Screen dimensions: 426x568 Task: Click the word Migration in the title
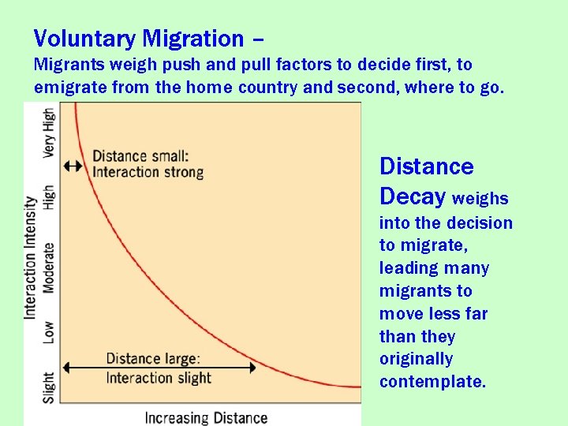[193, 39]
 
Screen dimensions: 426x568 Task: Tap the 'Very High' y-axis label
[49, 133]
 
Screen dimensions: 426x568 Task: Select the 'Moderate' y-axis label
[49, 268]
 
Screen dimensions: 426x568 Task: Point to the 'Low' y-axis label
[49, 331]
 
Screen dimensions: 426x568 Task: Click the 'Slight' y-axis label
[49, 387]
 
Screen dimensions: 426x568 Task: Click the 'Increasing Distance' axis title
[206, 417]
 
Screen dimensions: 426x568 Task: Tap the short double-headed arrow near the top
[73, 166]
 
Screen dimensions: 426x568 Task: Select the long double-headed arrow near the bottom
[159, 368]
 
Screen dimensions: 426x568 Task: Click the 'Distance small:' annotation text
[140, 156]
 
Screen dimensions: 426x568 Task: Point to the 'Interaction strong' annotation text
[148, 172]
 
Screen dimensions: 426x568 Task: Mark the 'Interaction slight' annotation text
[159, 378]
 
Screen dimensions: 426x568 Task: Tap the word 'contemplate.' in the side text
[432, 382]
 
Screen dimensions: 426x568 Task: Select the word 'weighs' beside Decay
[480, 198]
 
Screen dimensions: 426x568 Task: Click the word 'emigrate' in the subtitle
[71, 87]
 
